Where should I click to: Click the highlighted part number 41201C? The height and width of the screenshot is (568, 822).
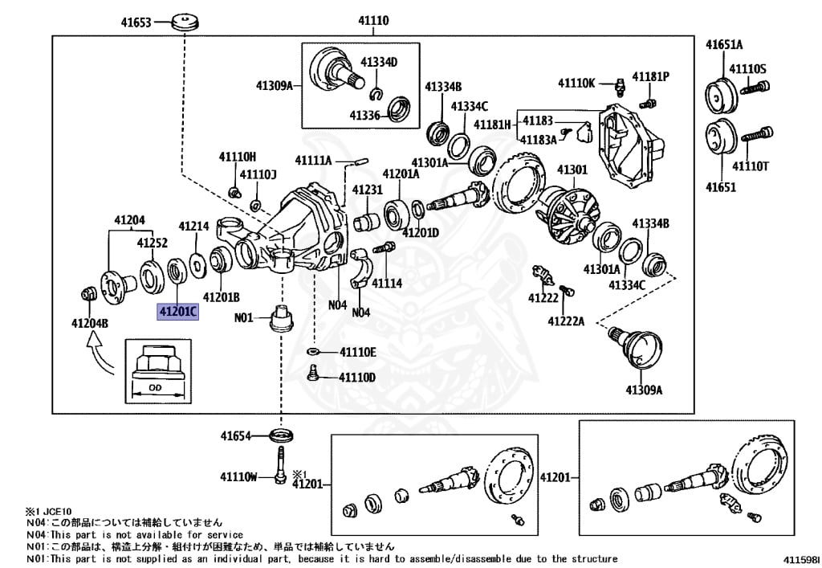[x=177, y=311]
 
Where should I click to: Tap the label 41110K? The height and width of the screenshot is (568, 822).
[x=576, y=83]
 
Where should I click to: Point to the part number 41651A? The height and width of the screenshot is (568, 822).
[x=724, y=44]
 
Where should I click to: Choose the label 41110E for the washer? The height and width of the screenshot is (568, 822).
[x=357, y=352]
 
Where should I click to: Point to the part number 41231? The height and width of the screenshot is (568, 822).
[x=368, y=190]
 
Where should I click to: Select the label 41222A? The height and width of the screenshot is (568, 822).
[x=566, y=321]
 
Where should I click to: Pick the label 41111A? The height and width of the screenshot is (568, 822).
[x=313, y=160]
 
